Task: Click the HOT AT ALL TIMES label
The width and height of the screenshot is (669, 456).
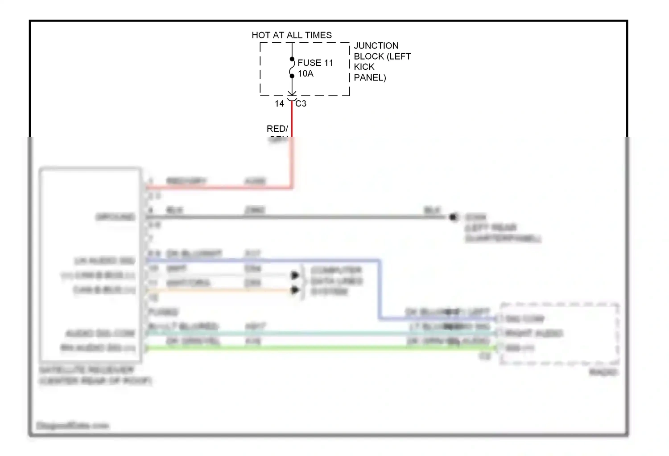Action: pos(292,35)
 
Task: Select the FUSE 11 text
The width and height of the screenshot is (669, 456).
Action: pos(315,63)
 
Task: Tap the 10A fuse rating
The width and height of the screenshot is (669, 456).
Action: pos(306,73)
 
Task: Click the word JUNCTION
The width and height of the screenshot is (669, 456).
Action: pos(376,45)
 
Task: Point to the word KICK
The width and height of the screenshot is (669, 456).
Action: pos(364,67)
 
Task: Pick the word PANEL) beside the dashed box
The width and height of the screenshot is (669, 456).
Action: pos(370,77)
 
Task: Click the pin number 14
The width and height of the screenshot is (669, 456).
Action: pos(279,104)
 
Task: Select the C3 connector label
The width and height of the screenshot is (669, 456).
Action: pos(301,104)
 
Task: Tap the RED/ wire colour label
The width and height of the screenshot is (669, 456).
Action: pos(277,129)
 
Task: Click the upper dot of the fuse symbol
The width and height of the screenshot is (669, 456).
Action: pos(292,59)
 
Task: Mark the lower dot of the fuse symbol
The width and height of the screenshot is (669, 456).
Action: pos(292,76)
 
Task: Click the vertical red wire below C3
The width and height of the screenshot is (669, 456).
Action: pos(292,120)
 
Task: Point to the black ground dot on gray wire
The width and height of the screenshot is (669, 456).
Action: pos(453,217)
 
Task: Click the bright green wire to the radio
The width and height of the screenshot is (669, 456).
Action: pos(312,348)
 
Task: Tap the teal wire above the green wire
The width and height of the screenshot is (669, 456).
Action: pos(312,333)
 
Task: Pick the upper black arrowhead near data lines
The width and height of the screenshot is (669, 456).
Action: pos(295,276)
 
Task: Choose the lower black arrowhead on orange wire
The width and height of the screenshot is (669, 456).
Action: pos(295,290)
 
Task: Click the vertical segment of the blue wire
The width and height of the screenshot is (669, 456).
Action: pos(380,289)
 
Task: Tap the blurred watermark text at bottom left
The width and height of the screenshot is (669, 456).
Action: pos(72,426)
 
